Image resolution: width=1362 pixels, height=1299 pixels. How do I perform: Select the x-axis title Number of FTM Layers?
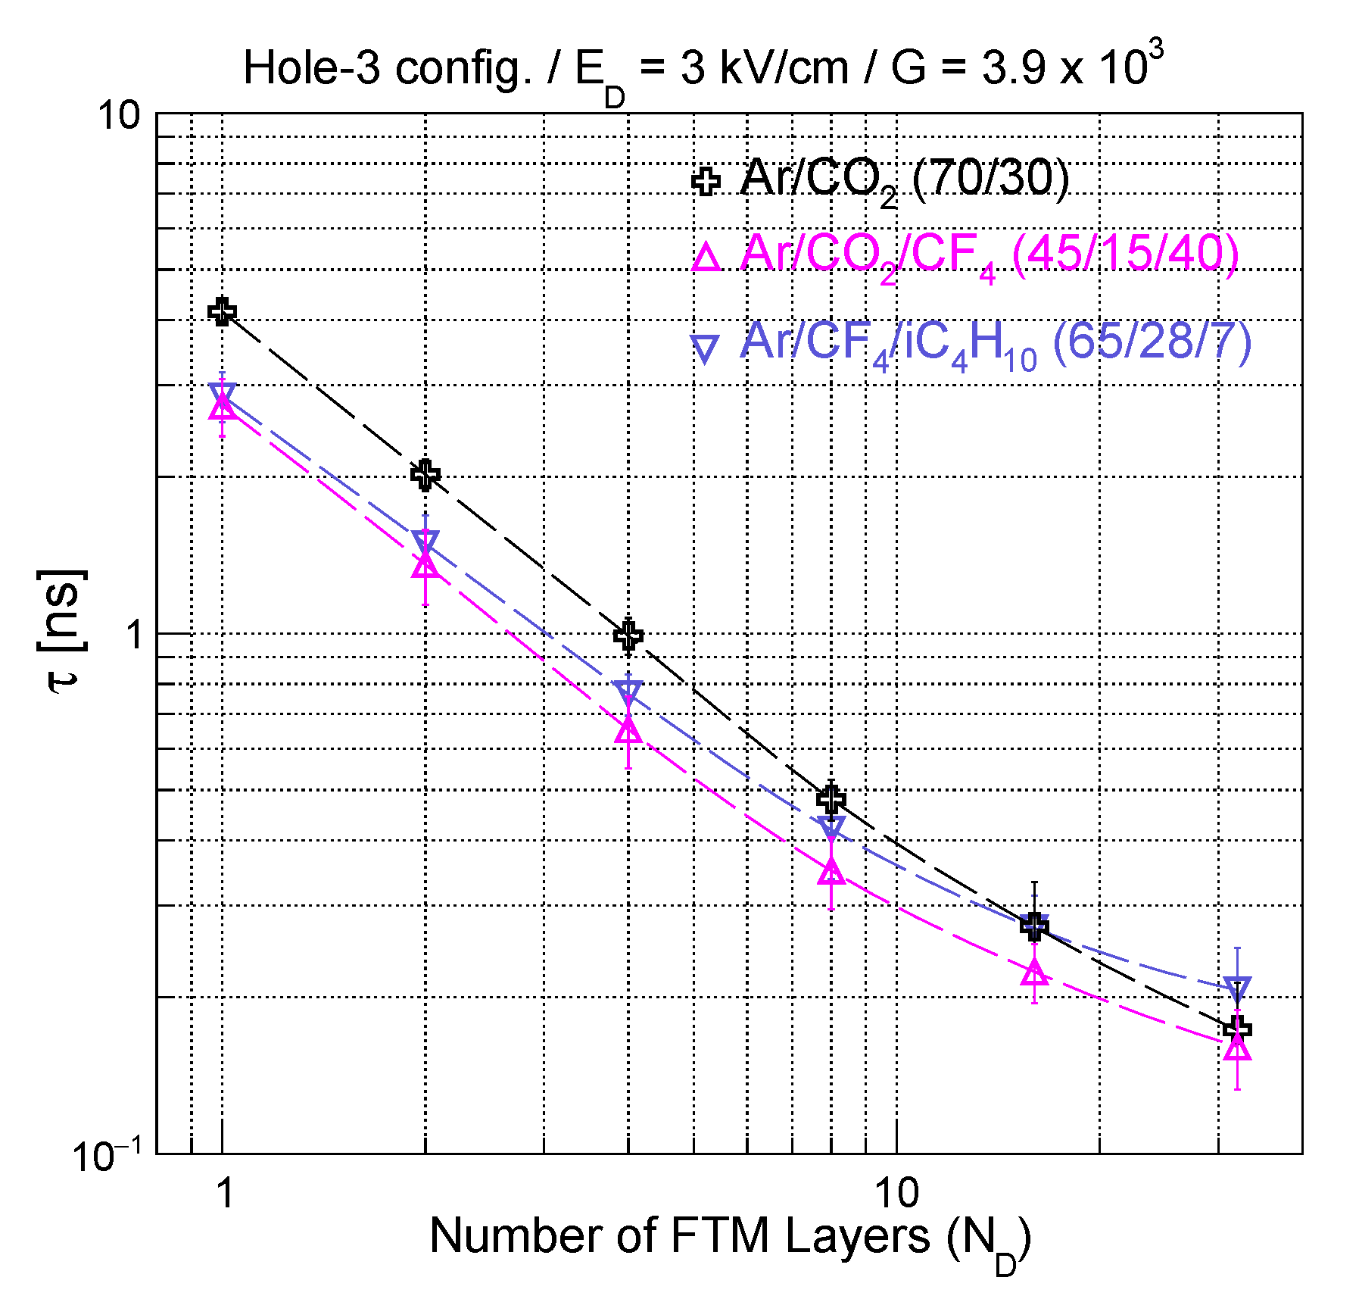coord(730,1238)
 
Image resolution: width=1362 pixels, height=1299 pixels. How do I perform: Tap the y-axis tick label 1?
coord(135,635)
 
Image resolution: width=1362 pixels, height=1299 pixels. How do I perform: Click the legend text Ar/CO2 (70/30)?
coord(905,180)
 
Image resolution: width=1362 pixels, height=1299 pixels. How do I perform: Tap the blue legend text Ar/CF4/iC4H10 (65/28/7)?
coord(996,342)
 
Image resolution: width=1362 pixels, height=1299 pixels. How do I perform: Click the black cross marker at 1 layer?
coord(223,311)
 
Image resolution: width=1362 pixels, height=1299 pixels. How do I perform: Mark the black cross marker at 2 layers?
coord(425,475)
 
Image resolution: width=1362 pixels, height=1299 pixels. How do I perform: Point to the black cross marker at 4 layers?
coord(628,635)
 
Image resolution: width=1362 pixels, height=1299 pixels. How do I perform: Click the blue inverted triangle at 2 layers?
coord(425,541)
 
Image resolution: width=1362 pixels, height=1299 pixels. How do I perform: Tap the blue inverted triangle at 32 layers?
coord(1237,988)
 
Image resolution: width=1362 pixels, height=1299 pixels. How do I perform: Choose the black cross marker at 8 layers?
coord(831,798)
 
